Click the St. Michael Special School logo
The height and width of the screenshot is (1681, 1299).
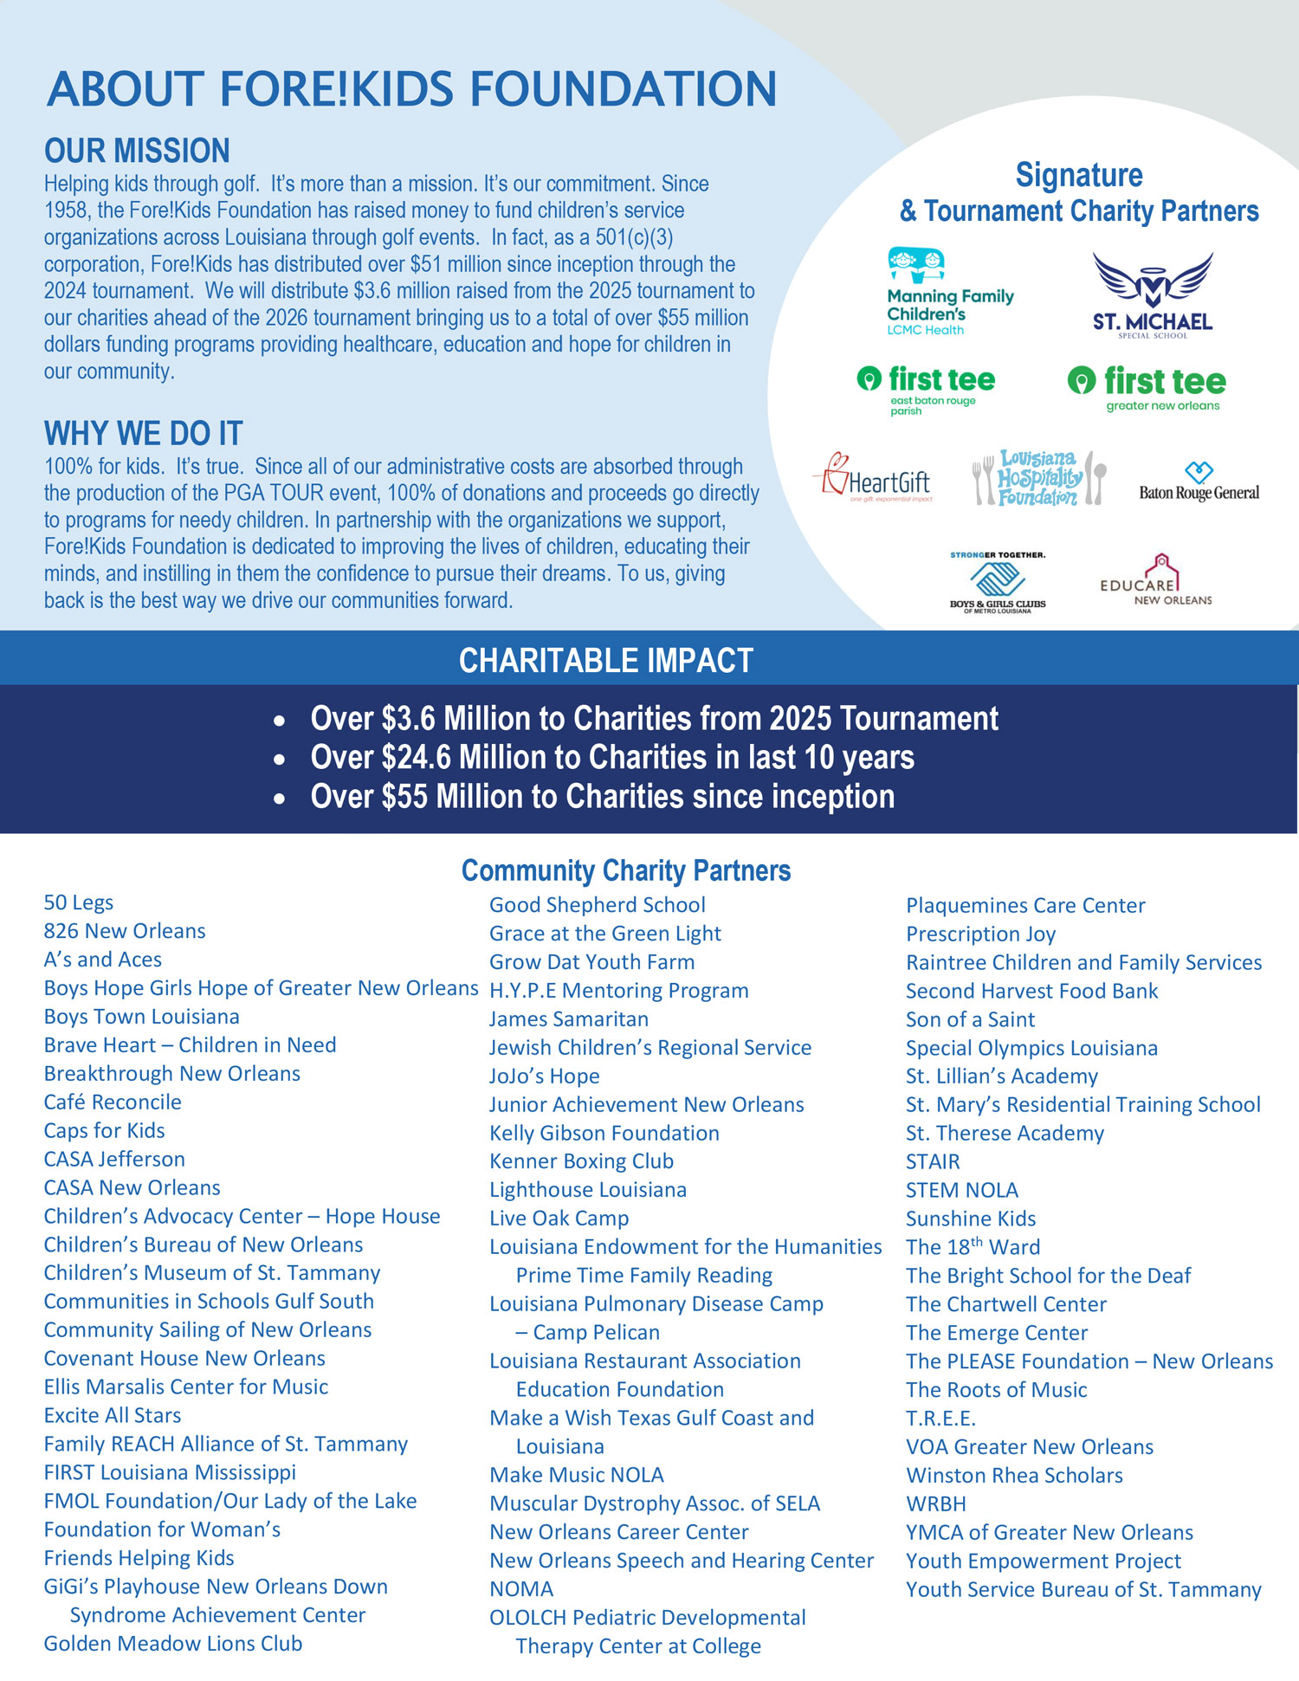1152,295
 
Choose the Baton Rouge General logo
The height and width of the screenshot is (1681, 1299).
1199,482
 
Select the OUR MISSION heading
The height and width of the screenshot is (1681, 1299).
137,151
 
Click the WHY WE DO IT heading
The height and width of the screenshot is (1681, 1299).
143,433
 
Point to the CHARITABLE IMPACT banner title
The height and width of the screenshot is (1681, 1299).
605,661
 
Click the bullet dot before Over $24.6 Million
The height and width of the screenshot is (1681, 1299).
279,760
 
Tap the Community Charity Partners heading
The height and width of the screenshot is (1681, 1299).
625,870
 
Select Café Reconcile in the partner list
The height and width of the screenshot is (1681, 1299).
113,1102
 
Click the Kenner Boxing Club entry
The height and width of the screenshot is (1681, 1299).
581,1161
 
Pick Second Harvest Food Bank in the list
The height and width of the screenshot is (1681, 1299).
1031,991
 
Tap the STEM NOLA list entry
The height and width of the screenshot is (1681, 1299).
962,1191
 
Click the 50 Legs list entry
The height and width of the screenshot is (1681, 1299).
79,903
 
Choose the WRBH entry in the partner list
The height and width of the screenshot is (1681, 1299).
935,1504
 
